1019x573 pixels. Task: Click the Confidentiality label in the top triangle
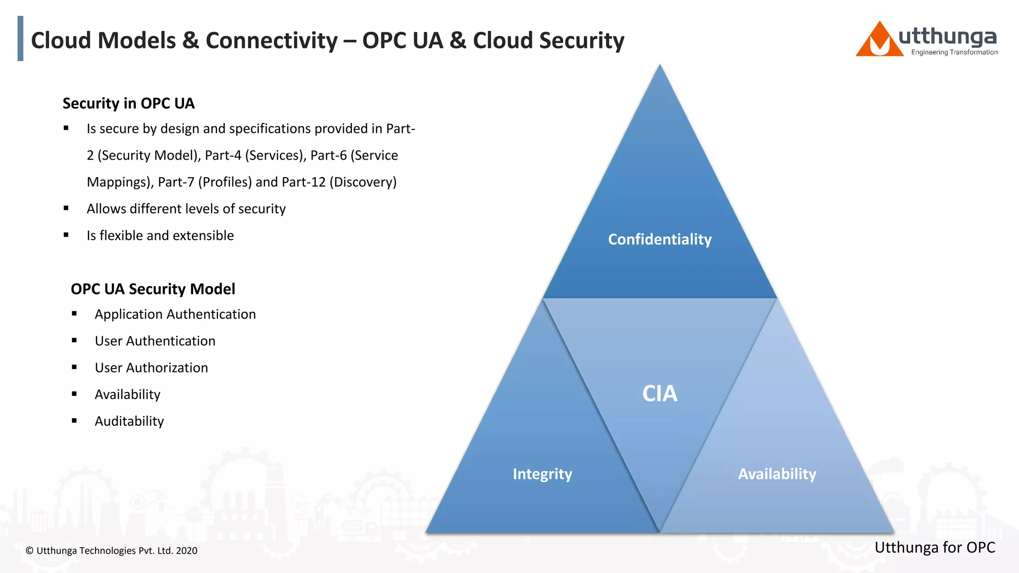coord(660,239)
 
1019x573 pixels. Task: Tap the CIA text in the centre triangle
coord(660,393)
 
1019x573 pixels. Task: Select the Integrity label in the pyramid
coord(542,474)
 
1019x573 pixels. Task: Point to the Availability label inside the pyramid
coord(777,474)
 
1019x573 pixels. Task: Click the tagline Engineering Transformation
coord(954,52)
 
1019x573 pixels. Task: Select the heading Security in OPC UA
coord(128,103)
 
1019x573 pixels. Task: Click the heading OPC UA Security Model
coord(153,288)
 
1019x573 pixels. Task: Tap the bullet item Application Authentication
coord(175,314)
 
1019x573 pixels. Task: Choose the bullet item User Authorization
coord(151,368)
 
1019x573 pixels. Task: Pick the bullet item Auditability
coord(129,421)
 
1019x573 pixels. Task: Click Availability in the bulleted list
coord(127,394)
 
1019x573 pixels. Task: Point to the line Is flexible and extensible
coord(160,235)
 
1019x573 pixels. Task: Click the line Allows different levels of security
coord(186,208)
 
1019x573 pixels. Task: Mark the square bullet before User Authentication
coord(74,341)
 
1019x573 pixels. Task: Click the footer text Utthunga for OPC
coord(934,547)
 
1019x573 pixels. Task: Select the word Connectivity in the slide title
coord(272,41)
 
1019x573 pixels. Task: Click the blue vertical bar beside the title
coord(20,38)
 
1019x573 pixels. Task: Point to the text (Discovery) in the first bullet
coord(363,182)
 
